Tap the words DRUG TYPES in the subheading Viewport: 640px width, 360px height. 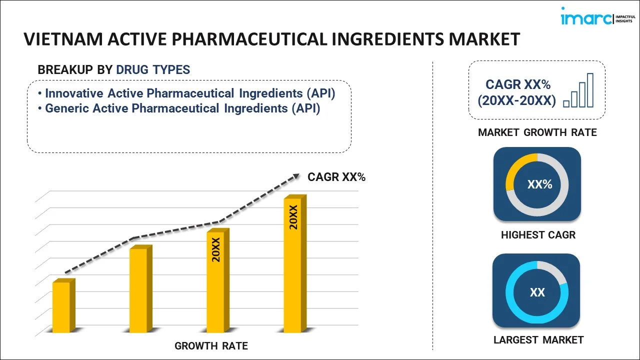tap(153, 69)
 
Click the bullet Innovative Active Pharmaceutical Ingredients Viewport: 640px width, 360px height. tap(190, 93)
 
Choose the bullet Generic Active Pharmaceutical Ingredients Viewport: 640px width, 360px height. tap(182, 108)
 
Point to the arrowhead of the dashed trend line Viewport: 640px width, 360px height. tap(296, 176)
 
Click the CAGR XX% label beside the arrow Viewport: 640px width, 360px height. tap(336, 176)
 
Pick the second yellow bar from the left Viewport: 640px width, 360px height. tap(138, 290)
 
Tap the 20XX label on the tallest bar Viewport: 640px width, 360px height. tap(293, 217)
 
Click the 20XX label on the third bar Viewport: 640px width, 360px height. tap(216, 250)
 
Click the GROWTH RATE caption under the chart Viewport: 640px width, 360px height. tap(211, 345)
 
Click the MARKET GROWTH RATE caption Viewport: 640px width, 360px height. tap(537, 132)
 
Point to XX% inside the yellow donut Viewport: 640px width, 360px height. tap(539, 184)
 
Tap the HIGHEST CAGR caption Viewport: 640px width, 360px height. tap(538, 234)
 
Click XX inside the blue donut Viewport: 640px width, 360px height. tap(537, 292)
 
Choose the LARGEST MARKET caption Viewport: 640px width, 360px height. tap(538, 340)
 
